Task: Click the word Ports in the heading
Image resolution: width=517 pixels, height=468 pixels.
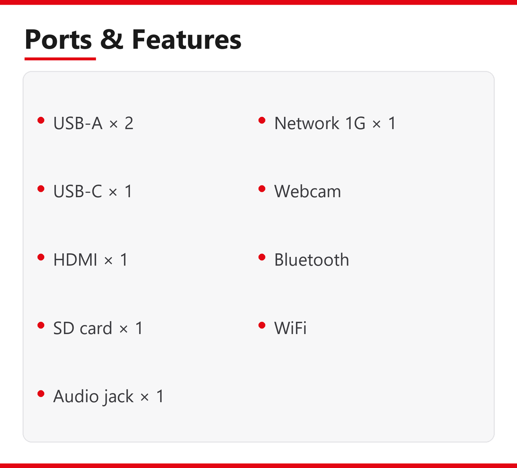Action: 58,39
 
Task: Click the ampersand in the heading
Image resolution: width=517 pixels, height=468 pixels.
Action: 111,39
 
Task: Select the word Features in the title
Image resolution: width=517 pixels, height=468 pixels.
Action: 186,39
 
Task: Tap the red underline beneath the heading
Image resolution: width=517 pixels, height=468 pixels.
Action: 60,59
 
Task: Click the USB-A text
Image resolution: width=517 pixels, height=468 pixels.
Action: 78,123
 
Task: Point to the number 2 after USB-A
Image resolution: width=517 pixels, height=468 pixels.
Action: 129,123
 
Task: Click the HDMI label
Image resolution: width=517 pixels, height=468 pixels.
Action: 75,259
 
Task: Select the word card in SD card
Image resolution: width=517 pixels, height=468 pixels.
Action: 96,328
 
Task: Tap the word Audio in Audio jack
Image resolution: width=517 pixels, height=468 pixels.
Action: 75,396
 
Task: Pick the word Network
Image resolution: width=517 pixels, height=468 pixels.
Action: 307,123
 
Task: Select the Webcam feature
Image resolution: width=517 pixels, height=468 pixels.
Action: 308,191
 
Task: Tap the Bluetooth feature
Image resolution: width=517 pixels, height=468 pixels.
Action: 312,259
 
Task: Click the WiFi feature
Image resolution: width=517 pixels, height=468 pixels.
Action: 291,328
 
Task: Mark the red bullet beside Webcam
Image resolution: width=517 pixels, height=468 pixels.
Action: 262,189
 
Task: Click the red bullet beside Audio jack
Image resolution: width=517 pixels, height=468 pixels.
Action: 41,394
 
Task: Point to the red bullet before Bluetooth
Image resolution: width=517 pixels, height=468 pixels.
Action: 262,257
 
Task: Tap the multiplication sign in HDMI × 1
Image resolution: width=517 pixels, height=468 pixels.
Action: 108,261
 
